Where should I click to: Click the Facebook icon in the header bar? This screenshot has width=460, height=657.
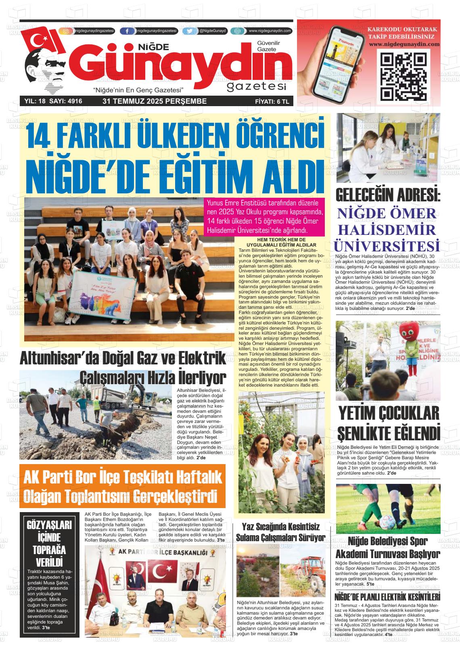point(128,31)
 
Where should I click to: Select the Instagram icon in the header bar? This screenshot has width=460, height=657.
point(66,31)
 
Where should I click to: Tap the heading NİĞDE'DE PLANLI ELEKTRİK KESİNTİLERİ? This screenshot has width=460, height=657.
point(387,597)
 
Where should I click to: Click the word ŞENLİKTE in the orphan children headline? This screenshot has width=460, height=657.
point(363,433)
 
